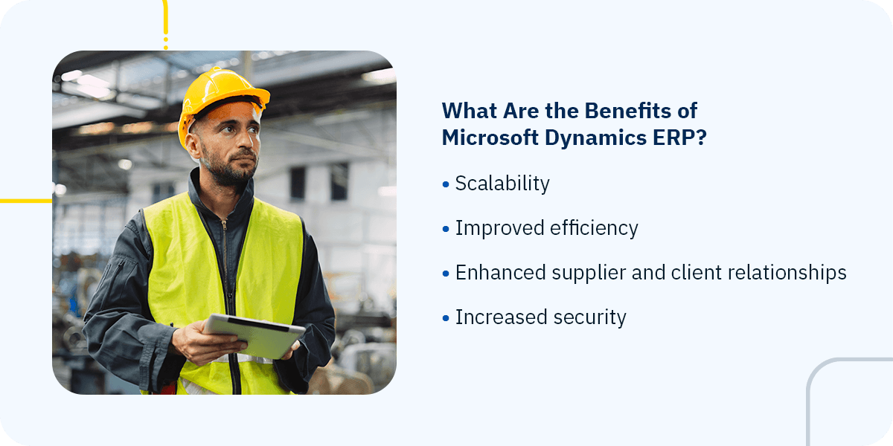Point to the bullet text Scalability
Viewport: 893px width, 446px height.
502,184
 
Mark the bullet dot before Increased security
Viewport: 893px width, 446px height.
446,318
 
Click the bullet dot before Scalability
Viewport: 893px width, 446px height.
446,184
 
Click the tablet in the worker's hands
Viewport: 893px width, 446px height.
254,334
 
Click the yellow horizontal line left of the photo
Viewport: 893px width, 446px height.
25,201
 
